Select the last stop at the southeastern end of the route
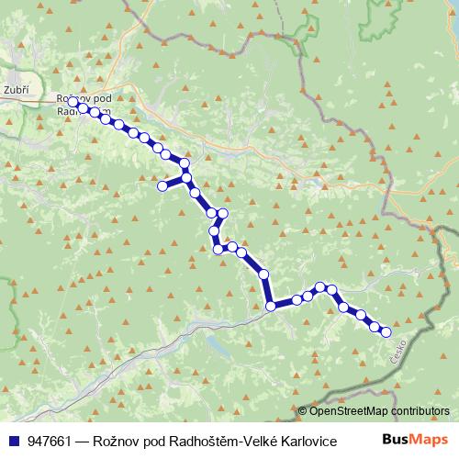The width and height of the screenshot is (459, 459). pyautogui.click(x=386, y=332)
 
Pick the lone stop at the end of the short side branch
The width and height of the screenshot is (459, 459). pyautogui.click(x=162, y=186)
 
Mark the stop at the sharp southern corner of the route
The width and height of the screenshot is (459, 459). pyautogui.click(x=271, y=307)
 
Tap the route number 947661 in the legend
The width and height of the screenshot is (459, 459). pyautogui.click(x=51, y=441)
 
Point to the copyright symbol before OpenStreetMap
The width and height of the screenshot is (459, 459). pyautogui.click(x=302, y=411)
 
